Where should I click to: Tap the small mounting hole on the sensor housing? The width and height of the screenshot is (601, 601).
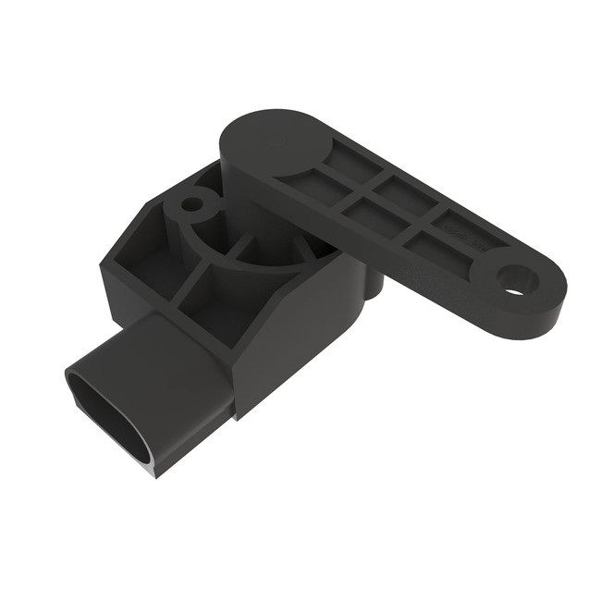pyautogui.click(x=192, y=202)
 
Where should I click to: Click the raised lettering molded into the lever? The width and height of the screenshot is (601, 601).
pyautogui.click(x=460, y=225)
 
